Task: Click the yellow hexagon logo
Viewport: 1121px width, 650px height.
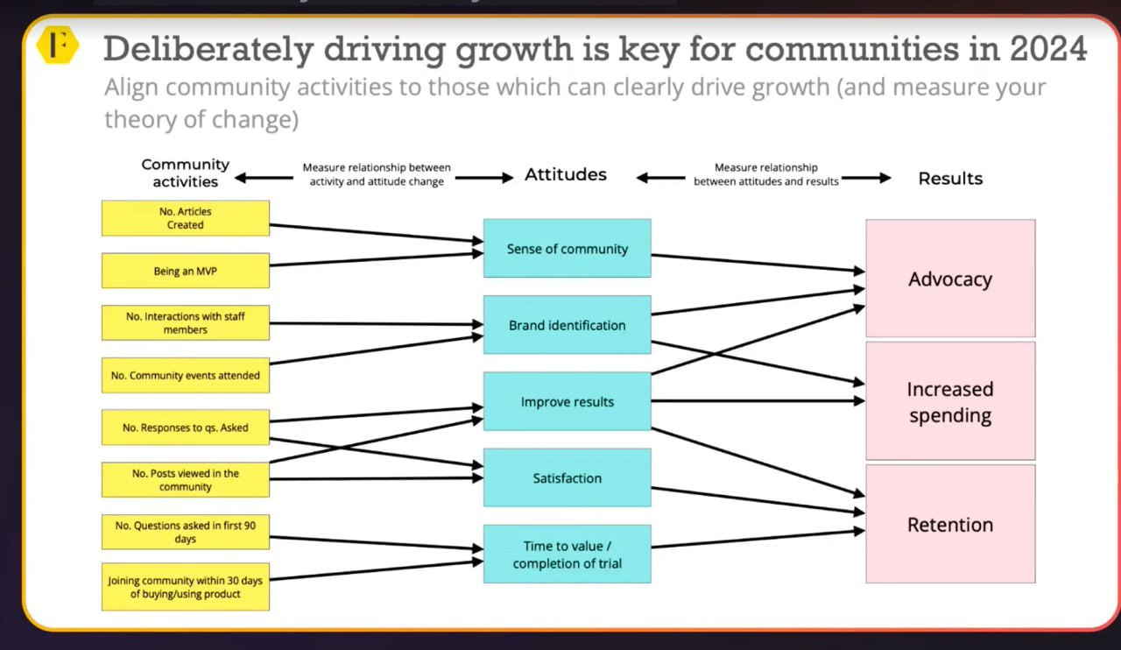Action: tap(58, 45)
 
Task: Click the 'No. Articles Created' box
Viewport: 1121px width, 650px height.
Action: tap(186, 218)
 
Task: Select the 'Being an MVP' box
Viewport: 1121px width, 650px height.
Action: tap(186, 271)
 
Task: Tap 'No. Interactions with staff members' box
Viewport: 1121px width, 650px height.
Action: tap(186, 323)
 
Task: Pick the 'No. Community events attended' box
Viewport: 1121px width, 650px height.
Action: tap(186, 375)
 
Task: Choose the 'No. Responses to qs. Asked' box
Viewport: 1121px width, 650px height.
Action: tap(186, 427)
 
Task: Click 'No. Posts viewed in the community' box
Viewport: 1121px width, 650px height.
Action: tap(186, 480)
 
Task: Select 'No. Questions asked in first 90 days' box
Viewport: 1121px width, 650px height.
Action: tap(186, 532)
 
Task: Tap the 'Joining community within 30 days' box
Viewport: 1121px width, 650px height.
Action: tap(186, 587)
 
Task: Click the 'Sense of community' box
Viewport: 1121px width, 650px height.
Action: tap(568, 249)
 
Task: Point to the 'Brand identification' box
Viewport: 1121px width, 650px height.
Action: tap(568, 325)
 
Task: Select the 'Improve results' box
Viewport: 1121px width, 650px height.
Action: tap(568, 401)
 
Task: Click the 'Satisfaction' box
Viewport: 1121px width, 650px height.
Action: tap(568, 477)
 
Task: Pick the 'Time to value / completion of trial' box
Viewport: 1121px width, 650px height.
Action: tap(568, 554)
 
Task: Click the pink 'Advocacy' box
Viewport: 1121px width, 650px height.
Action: tap(951, 279)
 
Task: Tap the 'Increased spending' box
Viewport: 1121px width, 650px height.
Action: tap(951, 401)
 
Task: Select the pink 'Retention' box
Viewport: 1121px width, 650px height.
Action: tap(951, 524)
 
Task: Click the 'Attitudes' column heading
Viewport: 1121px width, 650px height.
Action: tap(566, 174)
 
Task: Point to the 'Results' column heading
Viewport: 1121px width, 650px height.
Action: tap(950, 179)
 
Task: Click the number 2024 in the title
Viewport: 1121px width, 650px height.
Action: tap(1048, 48)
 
